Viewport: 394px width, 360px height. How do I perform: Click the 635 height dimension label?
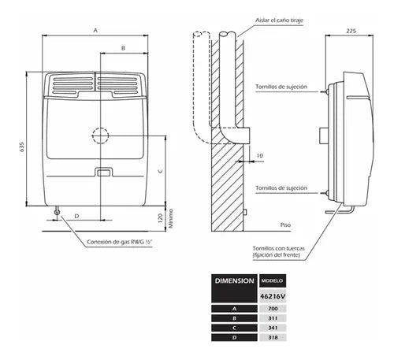pyautogui.click(x=22, y=147)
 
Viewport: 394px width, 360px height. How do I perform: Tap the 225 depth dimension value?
pyautogui.click(x=351, y=31)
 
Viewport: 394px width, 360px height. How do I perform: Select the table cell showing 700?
pyautogui.click(x=273, y=309)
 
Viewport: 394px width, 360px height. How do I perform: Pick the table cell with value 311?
pyautogui.click(x=273, y=318)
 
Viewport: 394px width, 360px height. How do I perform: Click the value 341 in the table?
pyautogui.click(x=273, y=328)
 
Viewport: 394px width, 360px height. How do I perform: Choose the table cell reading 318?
pyautogui.click(x=273, y=337)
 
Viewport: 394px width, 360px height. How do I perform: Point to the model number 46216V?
pyautogui.click(x=273, y=296)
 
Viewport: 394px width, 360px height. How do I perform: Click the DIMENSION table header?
pyautogui.click(x=234, y=281)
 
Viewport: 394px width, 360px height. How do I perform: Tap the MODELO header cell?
pyautogui.click(x=272, y=280)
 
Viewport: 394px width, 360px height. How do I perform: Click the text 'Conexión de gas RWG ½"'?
pyautogui.click(x=120, y=242)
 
